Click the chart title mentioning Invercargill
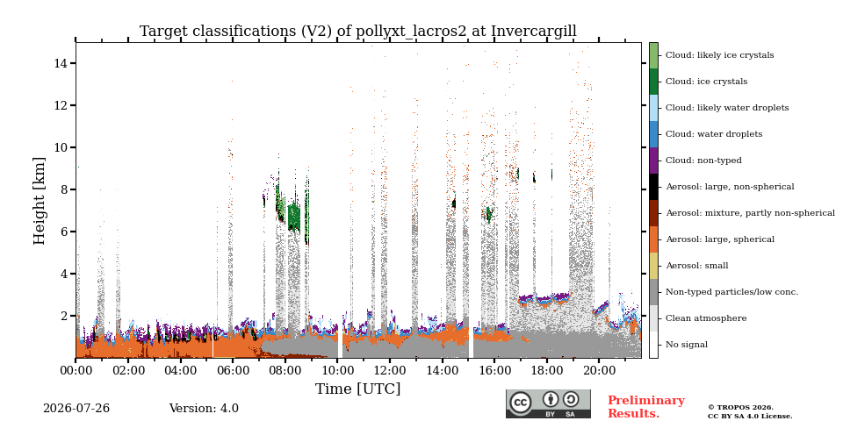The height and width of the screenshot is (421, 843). coord(358,32)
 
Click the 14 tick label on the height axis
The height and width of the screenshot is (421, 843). coord(61,63)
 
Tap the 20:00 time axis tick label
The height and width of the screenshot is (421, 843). coord(600,370)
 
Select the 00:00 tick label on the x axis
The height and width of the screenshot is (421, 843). coord(76,370)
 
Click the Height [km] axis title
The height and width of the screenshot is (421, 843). coord(40,201)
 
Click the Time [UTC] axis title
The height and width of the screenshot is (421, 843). coord(358,389)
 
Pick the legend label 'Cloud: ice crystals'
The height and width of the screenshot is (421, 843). coord(706,82)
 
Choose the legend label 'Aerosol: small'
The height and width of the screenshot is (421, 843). coord(696,266)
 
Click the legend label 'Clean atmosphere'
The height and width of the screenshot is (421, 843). coord(706,318)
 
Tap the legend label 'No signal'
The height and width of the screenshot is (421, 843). coord(687,345)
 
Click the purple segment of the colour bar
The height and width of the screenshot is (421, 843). coord(653,161)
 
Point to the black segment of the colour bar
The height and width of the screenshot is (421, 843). coord(653,187)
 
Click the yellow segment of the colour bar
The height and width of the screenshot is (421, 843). coord(653,266)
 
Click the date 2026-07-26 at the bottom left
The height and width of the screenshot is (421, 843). coord(76,409)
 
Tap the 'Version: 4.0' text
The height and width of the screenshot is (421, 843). coord(204,409)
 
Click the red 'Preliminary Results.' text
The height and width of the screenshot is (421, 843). coord(646,407)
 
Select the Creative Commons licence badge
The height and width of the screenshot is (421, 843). coord(548,403)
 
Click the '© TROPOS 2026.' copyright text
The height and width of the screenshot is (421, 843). coord(740,408)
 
